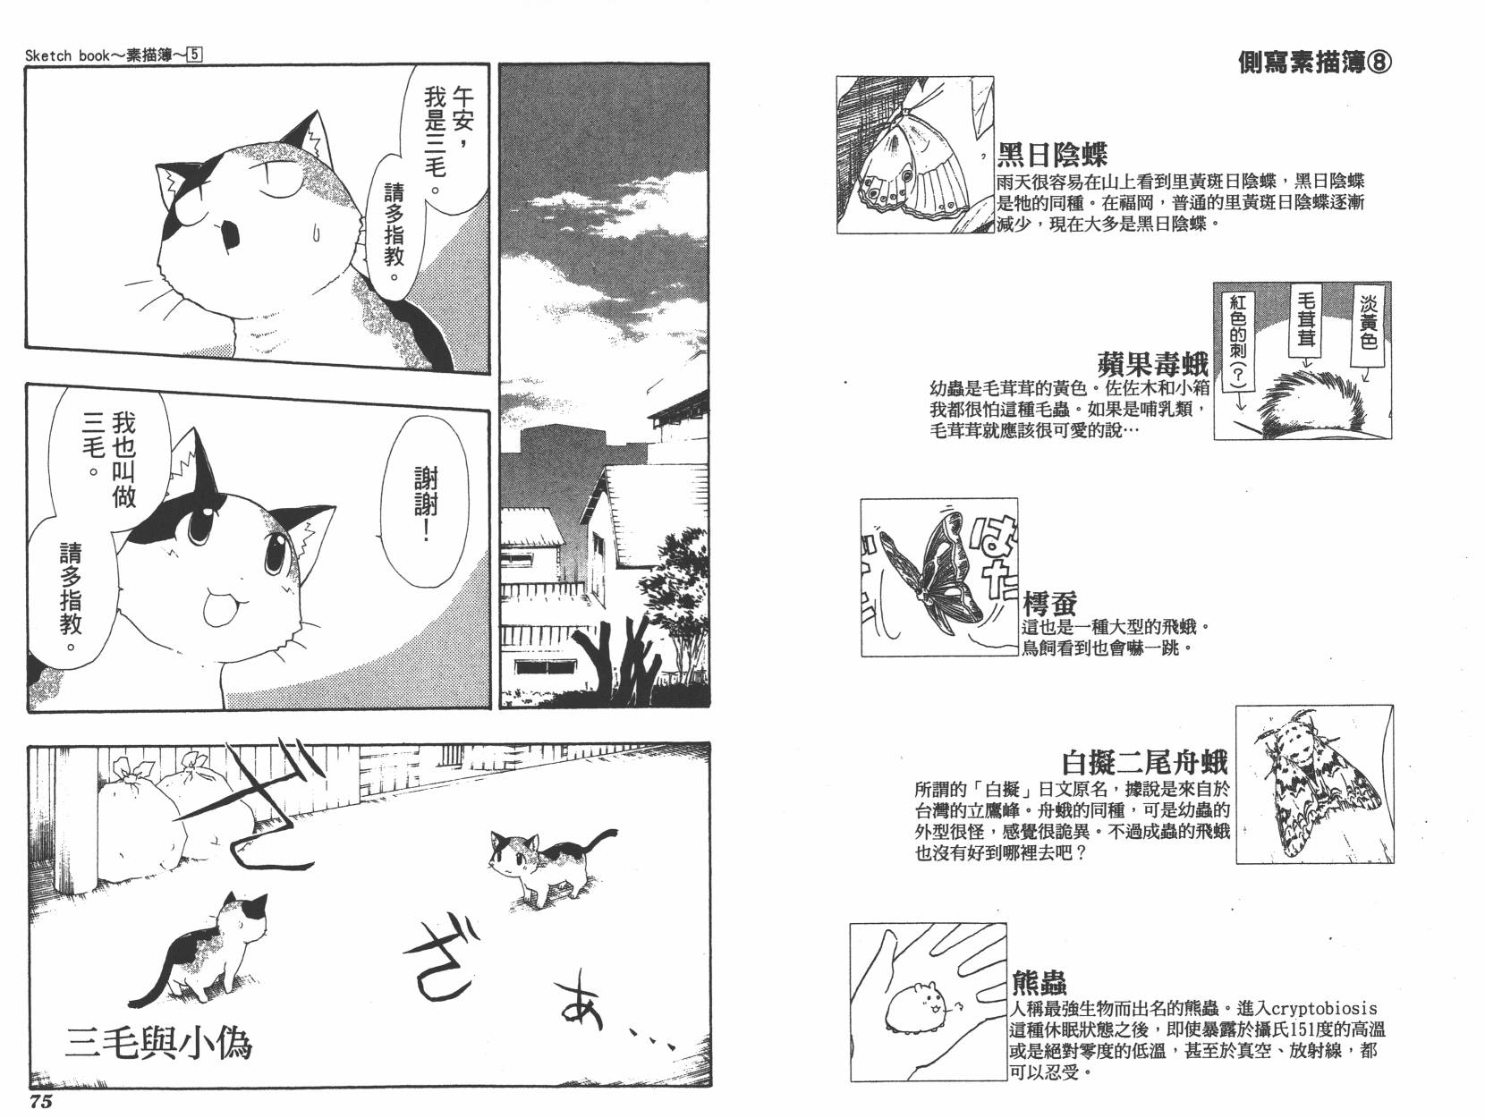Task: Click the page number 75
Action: click(40, 1101)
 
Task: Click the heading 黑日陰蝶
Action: click(1052, 155)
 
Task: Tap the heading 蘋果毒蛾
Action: click(1152, 364)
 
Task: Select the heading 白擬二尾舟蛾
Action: click(1144, 763)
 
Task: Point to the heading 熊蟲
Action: click(1039, 982)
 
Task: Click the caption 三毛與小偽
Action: click(158, 1043)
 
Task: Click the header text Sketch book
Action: click(68, 55)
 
